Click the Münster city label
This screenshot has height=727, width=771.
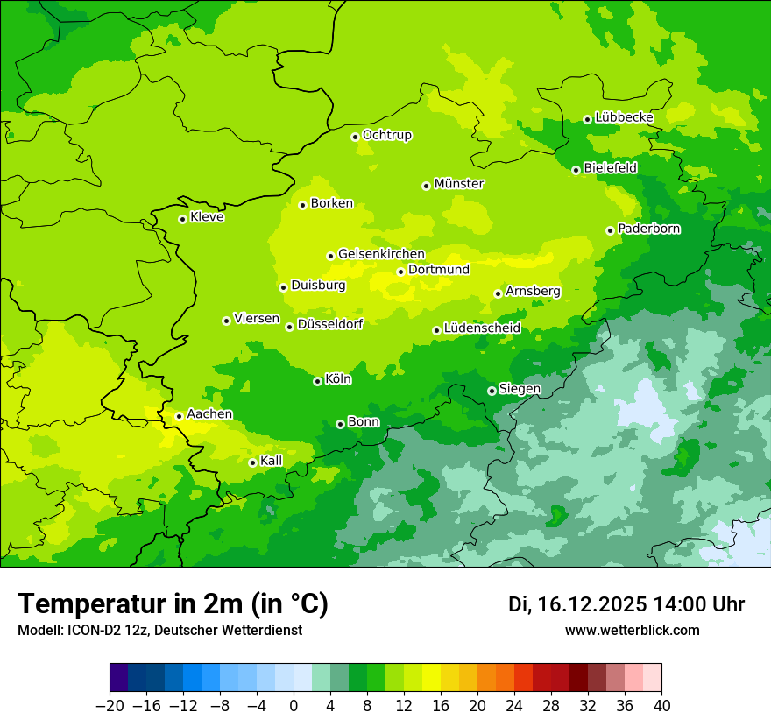click(459, 184)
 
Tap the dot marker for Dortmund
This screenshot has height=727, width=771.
click(400, 272)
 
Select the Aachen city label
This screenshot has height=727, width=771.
click(210, 414)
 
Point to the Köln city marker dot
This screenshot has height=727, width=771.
click(317, 381)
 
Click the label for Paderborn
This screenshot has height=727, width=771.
click(649, 229)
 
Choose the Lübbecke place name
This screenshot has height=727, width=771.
click(624, 117)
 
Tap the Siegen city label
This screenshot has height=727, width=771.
click(520, 389)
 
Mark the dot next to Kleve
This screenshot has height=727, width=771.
click(182, 219)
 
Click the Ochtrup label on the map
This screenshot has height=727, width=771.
click(387, 135)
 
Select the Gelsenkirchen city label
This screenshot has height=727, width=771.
click(381, 254)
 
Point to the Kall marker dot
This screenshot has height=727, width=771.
click(252, 462)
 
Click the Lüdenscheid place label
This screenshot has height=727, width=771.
click(482, 328)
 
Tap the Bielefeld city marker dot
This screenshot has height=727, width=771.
click(576, 170)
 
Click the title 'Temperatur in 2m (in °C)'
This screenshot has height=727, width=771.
click(173, 604)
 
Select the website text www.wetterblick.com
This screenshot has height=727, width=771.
click(632, 630)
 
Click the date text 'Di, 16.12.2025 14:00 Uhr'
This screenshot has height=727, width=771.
click(626, 604)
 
